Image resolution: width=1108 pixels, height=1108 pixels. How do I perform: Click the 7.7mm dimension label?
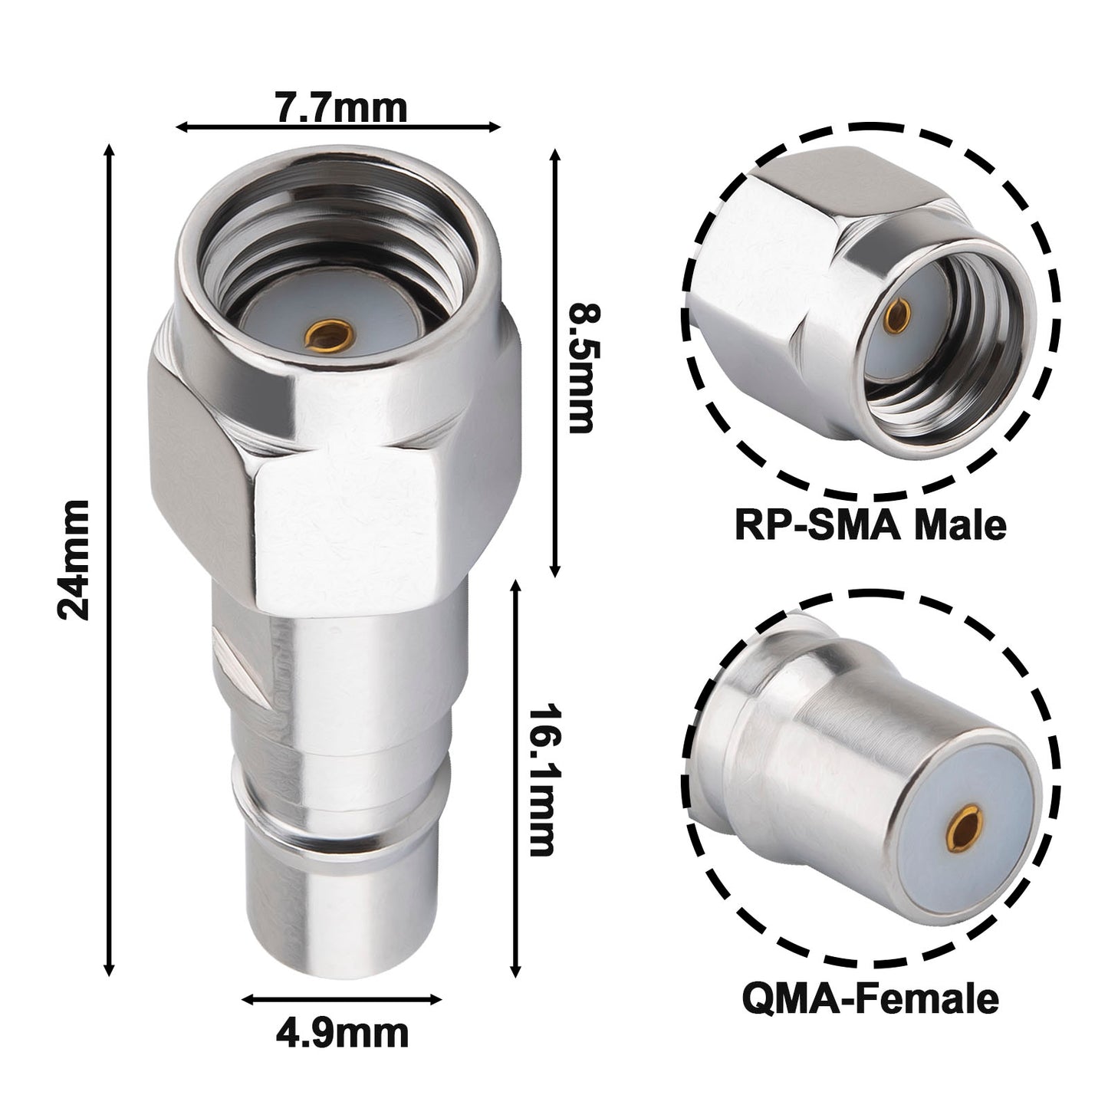tap(340, 108)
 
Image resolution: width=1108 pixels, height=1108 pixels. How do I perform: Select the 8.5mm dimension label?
tap(580, 369)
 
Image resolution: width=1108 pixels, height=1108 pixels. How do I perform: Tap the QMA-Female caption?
tap(870, 999)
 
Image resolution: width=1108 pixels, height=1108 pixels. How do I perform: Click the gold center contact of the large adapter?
tap(327, 334)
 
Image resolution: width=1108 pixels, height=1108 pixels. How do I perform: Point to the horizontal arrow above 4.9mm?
tap(341, 999)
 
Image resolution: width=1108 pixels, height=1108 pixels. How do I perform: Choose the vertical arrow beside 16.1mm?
tap(516, 778)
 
